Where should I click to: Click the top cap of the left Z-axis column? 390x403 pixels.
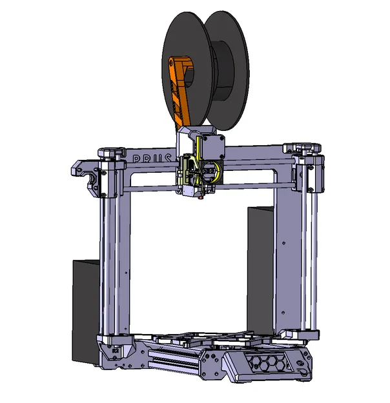coord(110,153)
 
